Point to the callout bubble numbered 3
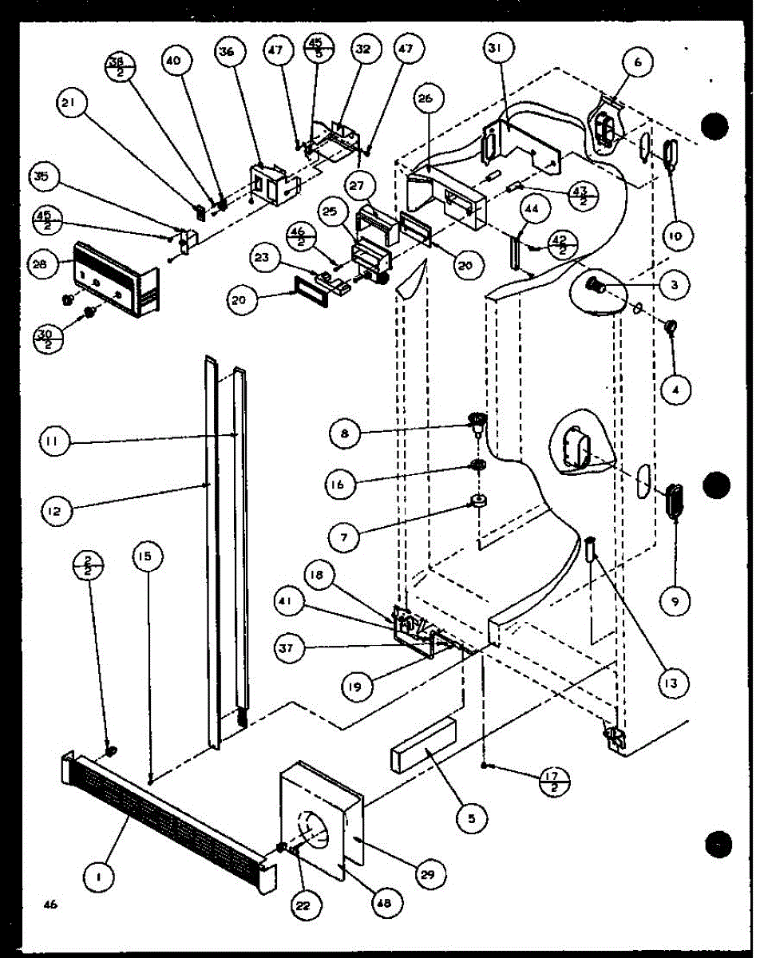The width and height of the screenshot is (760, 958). click(x=676, y=285)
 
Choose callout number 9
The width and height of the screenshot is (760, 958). click(x=675, y=602)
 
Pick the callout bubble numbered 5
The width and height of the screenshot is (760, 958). click(x=473, y=817)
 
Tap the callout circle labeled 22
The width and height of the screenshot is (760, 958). click(x=307, y=906)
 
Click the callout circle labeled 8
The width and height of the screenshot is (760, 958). click(x=345, y=433)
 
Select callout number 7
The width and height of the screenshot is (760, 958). click(x=343, y=538)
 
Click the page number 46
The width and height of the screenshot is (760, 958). click(x=52, y=905)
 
